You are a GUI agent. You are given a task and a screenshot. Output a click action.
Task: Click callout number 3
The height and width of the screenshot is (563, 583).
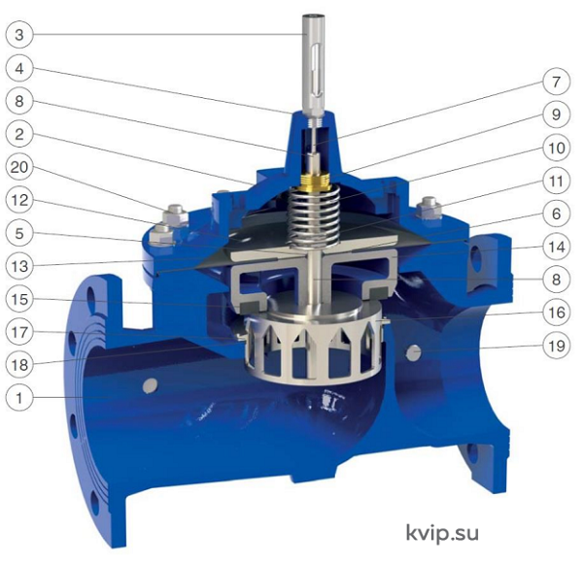point(19,35)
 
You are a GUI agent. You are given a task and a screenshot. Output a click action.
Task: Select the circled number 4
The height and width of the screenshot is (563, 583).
point(19,68)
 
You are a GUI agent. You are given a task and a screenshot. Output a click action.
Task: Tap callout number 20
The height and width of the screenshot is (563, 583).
point(19,167)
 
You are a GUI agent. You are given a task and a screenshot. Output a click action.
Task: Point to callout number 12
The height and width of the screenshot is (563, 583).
point(19,200)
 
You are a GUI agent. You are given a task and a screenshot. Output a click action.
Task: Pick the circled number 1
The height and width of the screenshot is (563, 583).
point(19,398)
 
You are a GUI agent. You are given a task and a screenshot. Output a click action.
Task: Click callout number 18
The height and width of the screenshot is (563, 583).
point(19,365)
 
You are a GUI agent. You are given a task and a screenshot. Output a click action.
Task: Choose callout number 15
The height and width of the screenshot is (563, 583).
point(19,299)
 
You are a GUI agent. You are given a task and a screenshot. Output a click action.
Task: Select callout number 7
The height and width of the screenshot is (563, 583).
point(556,82)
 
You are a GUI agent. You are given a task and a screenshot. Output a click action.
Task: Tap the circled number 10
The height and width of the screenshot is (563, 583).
point(556,148)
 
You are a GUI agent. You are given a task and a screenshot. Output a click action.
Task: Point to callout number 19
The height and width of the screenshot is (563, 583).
point(556,346)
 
